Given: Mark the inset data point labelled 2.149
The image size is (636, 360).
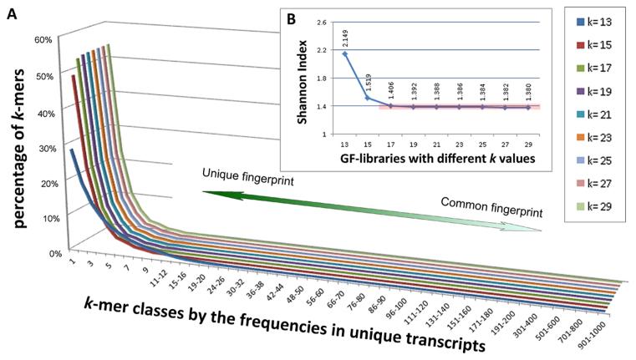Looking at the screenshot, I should (x=345, y=53).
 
